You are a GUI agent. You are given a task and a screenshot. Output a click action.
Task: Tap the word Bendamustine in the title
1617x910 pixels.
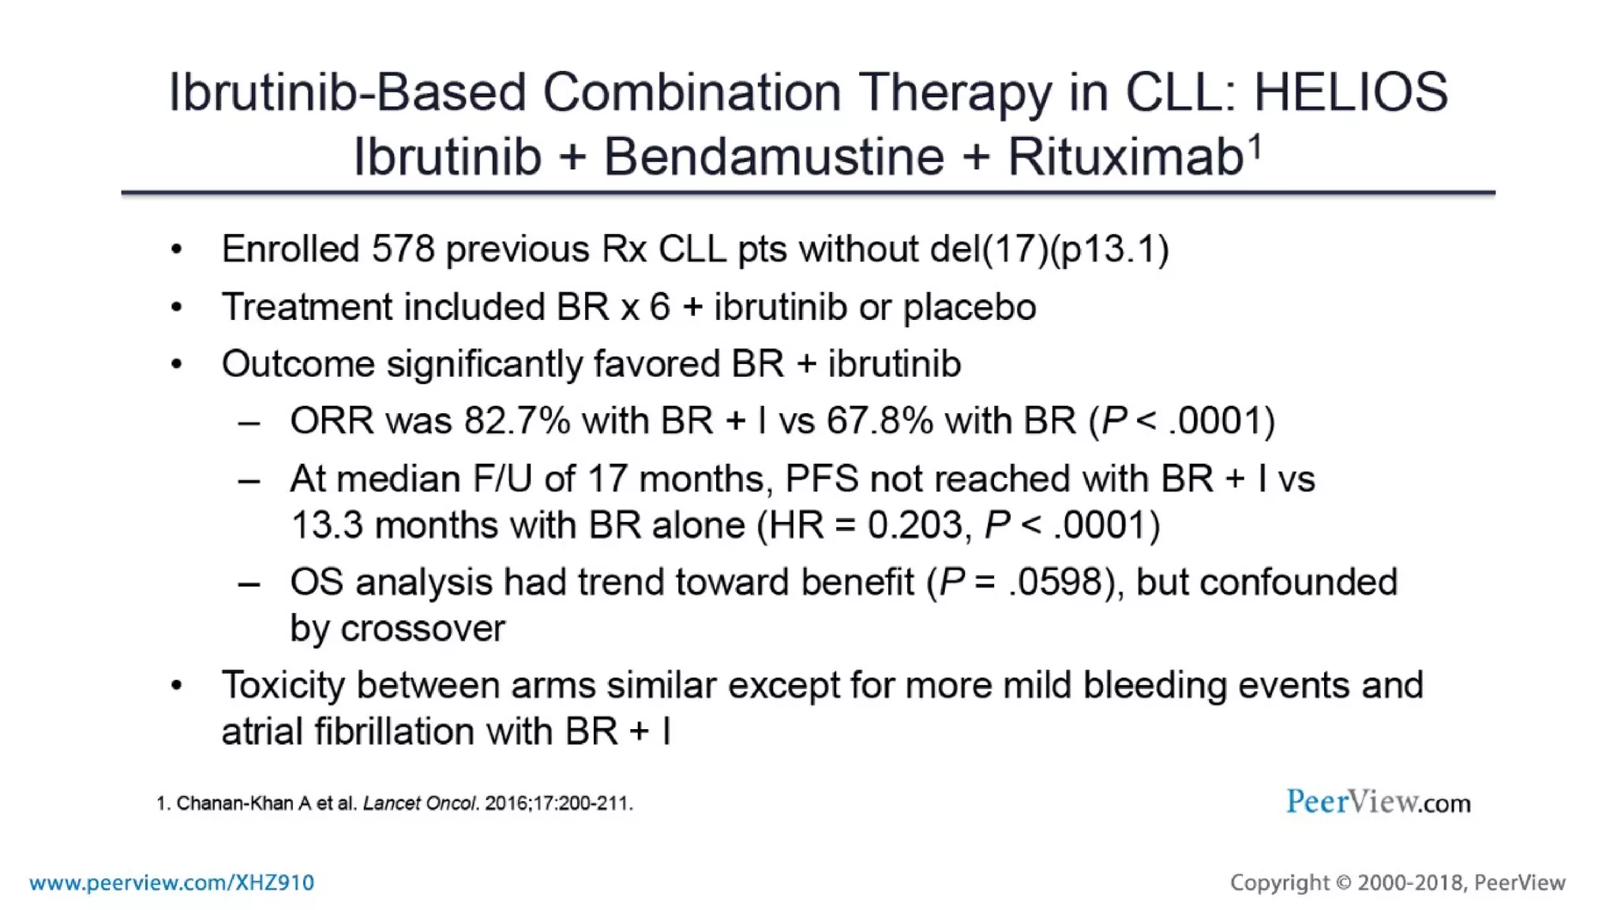click(774, 156)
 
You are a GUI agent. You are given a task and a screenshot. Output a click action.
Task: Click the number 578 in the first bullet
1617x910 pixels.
click(403, 250)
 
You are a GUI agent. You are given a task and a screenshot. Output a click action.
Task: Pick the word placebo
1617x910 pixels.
click(970, 307)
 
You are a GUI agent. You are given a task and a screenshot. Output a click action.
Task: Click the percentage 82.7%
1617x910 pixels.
click(517, 421)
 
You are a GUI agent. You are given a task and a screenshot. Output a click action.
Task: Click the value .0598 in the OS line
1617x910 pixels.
click(1055, 582)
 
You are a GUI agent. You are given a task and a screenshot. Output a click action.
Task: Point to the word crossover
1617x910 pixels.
click(422, 629)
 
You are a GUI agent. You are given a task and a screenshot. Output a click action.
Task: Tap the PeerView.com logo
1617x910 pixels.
click(1378, 803)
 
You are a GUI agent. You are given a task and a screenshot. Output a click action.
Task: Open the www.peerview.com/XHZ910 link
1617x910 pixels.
click(171, 882)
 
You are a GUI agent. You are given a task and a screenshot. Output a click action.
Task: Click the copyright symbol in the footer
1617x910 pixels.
click(1343, 882)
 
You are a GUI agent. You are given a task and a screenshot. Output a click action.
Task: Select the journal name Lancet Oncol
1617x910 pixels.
click(419, 803)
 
